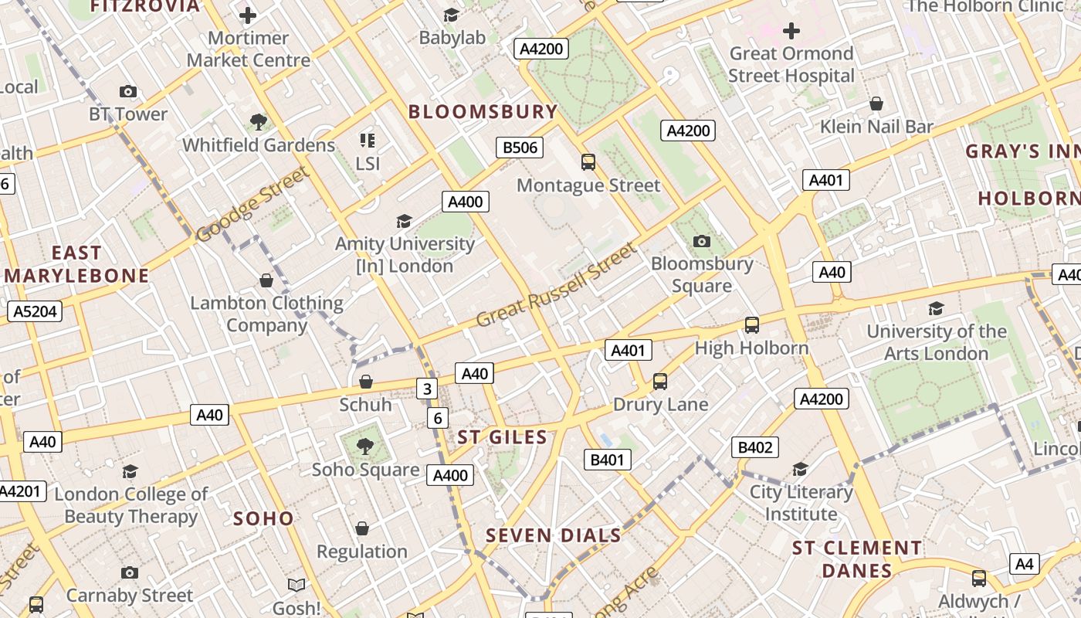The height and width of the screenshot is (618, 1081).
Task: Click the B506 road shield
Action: click(519, 148)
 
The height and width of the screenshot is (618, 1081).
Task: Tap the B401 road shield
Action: click(607, 460)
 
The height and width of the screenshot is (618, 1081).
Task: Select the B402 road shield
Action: click(755, 447)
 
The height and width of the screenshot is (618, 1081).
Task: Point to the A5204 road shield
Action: click(35, 311)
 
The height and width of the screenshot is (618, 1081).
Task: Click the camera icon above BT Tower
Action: click(128, 92)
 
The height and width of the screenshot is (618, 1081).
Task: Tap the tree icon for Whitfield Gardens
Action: click(259, 121)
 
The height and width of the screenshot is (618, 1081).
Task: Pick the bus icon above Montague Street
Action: click(588, 162)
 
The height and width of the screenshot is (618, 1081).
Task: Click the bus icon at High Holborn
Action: click(752, 325)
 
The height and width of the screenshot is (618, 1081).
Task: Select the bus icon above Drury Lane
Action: click(660, 382)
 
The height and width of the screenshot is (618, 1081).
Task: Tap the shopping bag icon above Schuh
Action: click(366, 382)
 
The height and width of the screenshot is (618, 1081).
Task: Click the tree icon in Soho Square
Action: click(365, 446)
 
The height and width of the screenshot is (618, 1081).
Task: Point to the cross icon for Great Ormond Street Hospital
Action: click(791, 31)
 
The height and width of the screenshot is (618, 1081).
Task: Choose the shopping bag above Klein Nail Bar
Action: click(876, 104)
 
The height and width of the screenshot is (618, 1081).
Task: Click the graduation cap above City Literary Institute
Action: click(800, 470)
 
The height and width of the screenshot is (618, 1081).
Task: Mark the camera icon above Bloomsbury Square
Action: click(701, 241)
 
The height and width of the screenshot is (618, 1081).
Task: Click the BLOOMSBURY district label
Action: click(483, 112)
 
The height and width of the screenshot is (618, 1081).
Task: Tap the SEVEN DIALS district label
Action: click(554, 535)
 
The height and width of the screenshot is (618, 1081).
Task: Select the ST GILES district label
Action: click(502, 437)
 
